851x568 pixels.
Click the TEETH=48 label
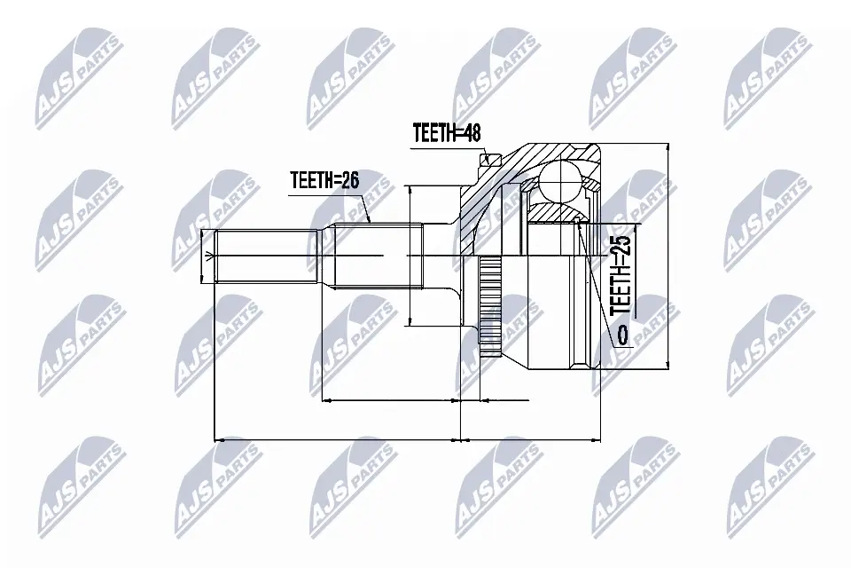pyautogui.click(x=446, y=132)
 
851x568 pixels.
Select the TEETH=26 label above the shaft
pyautogui.click(x=324, y=180)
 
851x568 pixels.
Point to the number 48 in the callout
pyautogui.click(x=470, y=132)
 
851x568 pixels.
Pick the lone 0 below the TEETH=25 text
pyautogui.click(x=621, y=335)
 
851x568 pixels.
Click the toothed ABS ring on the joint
pyautogui.click(x=490, y=306)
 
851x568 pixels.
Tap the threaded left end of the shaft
pyautogui.click(x=267, y=256)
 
